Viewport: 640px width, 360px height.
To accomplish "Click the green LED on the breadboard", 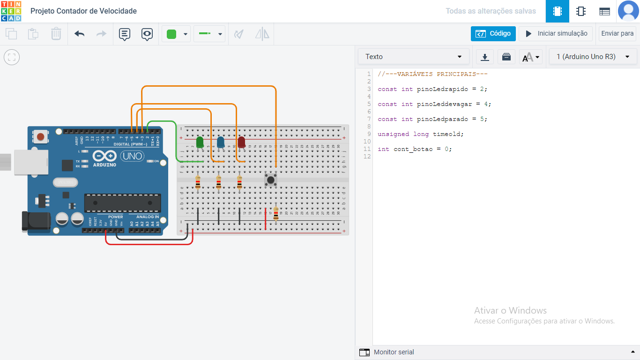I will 200,142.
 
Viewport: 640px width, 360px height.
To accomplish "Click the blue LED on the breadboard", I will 221,142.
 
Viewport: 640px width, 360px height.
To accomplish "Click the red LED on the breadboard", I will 241,142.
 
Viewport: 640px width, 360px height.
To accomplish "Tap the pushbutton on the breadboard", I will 271,179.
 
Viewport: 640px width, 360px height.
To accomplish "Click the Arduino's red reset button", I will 41,137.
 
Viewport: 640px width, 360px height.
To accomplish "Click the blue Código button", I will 493,34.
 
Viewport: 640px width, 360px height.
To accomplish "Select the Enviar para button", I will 617,34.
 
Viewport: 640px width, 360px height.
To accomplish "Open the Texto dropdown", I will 413,57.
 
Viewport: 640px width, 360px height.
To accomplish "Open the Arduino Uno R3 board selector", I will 592,57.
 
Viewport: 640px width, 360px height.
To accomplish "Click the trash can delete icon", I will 56,34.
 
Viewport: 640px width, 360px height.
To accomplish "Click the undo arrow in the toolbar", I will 80,34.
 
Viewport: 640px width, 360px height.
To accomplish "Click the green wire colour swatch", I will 171,34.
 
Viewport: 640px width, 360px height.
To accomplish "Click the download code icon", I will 485,57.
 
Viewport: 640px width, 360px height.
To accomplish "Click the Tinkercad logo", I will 11,11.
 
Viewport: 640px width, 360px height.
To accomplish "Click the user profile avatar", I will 628,11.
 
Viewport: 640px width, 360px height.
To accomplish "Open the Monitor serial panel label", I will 394,352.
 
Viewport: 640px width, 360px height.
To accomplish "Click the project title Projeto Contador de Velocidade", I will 83,11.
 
